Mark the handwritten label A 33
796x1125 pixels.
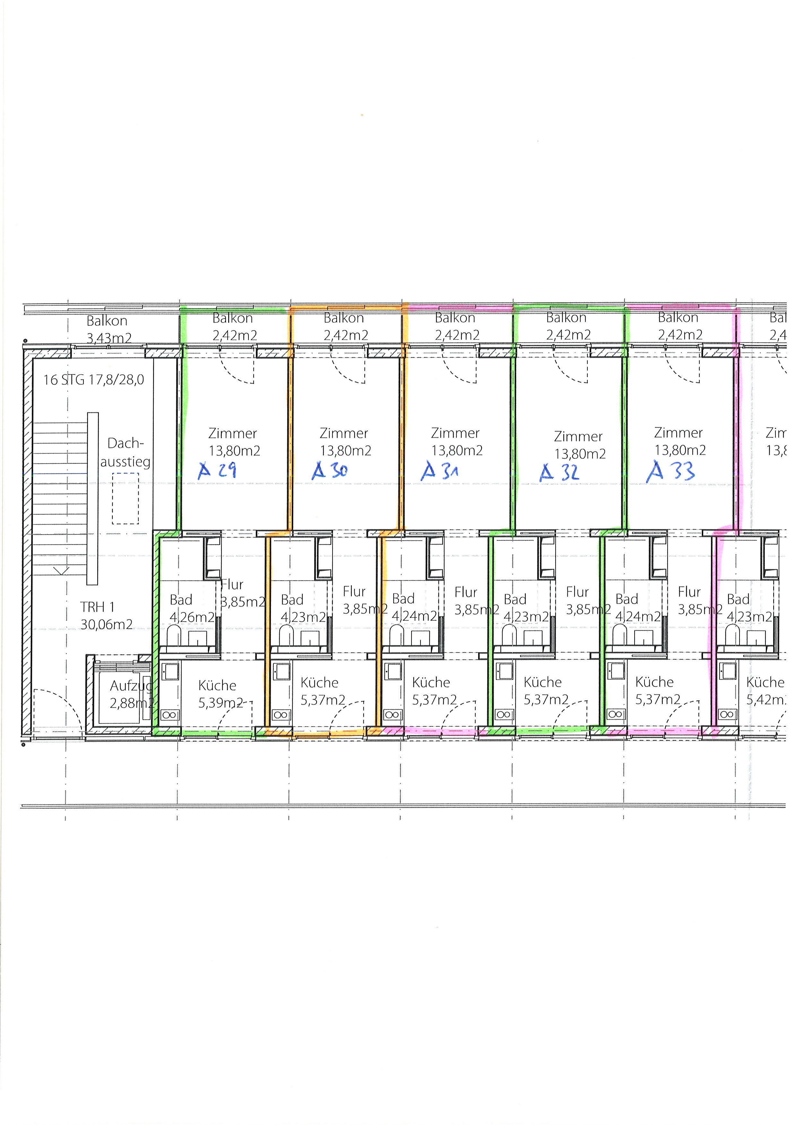671,471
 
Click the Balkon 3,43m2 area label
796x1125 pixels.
108,329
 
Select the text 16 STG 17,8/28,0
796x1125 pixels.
94,380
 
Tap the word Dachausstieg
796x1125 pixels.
125,452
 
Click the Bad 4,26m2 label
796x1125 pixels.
192,608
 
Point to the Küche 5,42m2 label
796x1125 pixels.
766,691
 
